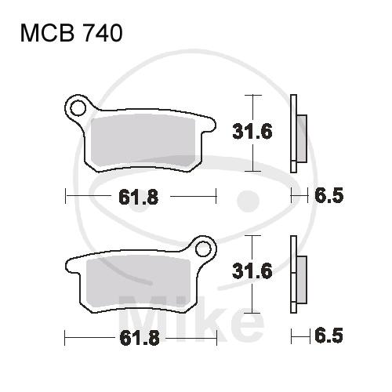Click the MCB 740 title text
71,33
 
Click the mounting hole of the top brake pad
78,107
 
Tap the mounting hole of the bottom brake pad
203,249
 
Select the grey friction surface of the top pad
143,141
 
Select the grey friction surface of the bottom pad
139,281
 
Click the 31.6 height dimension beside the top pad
252,132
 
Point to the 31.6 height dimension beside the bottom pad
252,270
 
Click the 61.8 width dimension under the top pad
139,197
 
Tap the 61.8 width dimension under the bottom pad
140,338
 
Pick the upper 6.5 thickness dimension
328,195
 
